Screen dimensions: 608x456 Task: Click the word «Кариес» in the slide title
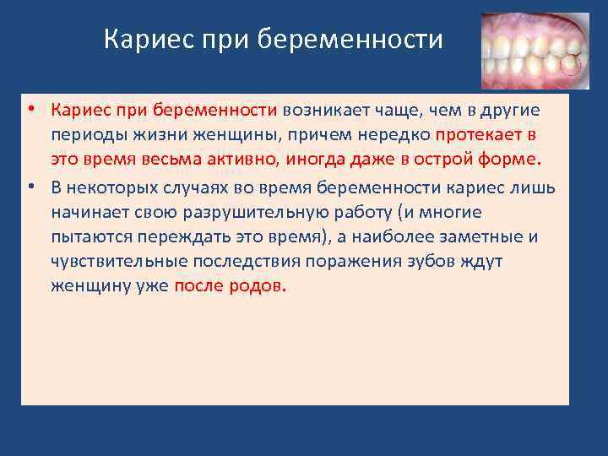click(x=149, y=39)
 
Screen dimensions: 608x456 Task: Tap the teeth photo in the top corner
click(x=535, y=51)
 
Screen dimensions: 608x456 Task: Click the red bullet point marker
click(x=31, y=108)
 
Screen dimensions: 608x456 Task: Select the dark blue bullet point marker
click(x=31, y=187)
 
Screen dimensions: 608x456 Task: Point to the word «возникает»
click(x=326, y=111)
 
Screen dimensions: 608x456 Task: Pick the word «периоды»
click(x=90, y=136)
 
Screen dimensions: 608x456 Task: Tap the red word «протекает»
click(x=479, y=135)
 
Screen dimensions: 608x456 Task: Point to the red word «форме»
click(x=509, y=159)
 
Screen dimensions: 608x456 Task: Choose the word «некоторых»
click(x=111, y=188)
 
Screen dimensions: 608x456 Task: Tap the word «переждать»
click(x=184, y=236)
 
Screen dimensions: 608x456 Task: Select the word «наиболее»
click(x=393, y=236)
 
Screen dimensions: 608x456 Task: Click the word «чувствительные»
click(x=119, y=261)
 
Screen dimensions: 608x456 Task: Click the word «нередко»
click(x=394, y=135)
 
